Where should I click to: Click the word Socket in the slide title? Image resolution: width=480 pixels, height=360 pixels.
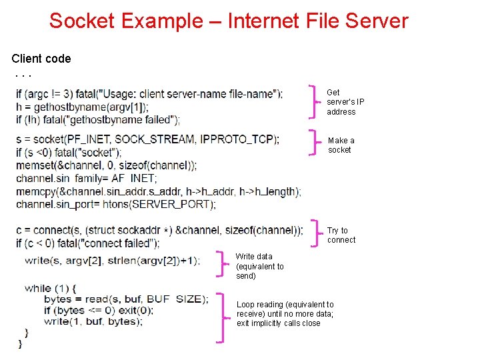(x=82, y=21)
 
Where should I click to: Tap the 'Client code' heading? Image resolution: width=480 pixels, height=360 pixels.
(x=41, y=59)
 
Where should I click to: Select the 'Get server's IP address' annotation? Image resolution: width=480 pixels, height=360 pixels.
(x=345, y=102)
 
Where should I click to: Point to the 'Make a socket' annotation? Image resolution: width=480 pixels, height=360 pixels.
(x=341, y=145)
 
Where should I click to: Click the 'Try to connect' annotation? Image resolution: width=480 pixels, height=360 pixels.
(x=341, y=235)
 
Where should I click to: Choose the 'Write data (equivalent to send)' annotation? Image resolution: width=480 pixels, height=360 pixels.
(x=259, y=266)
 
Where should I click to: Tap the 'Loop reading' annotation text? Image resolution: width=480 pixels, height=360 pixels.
(x=285, y=313)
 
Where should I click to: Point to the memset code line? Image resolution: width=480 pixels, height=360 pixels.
(x=106, y=165)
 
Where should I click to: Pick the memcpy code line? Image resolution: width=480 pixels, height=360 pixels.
(x=158, y=191)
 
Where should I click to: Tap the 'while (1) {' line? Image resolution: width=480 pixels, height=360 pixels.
(x=51, y=288)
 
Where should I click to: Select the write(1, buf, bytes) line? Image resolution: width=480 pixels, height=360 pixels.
(x=93, y=321)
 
